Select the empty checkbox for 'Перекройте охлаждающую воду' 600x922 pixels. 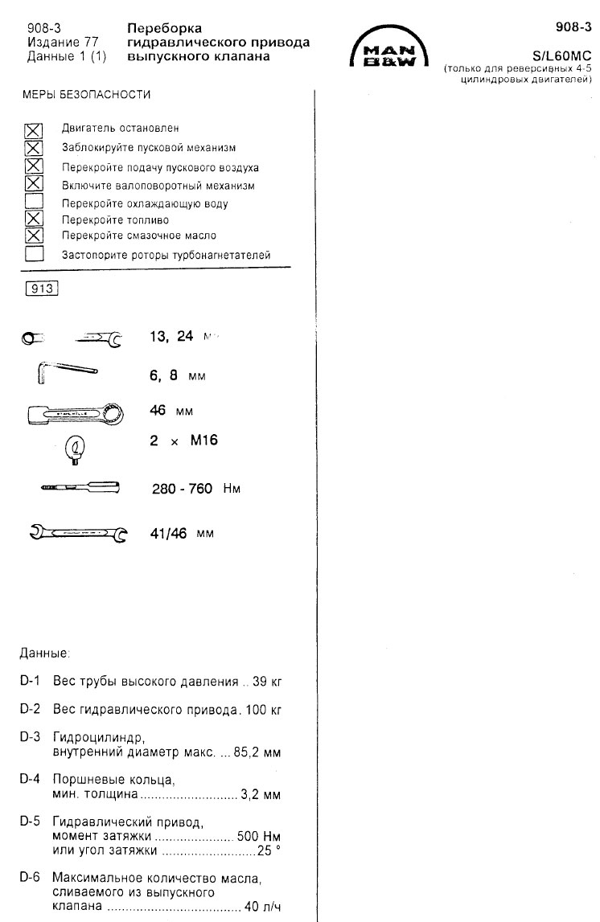34,202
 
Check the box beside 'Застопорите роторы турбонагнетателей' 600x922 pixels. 34,254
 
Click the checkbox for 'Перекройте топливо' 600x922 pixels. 34,219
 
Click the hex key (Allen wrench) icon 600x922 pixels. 66,373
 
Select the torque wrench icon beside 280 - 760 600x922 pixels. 79,487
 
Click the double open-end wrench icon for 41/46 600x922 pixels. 78,532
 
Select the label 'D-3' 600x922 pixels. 30,737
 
